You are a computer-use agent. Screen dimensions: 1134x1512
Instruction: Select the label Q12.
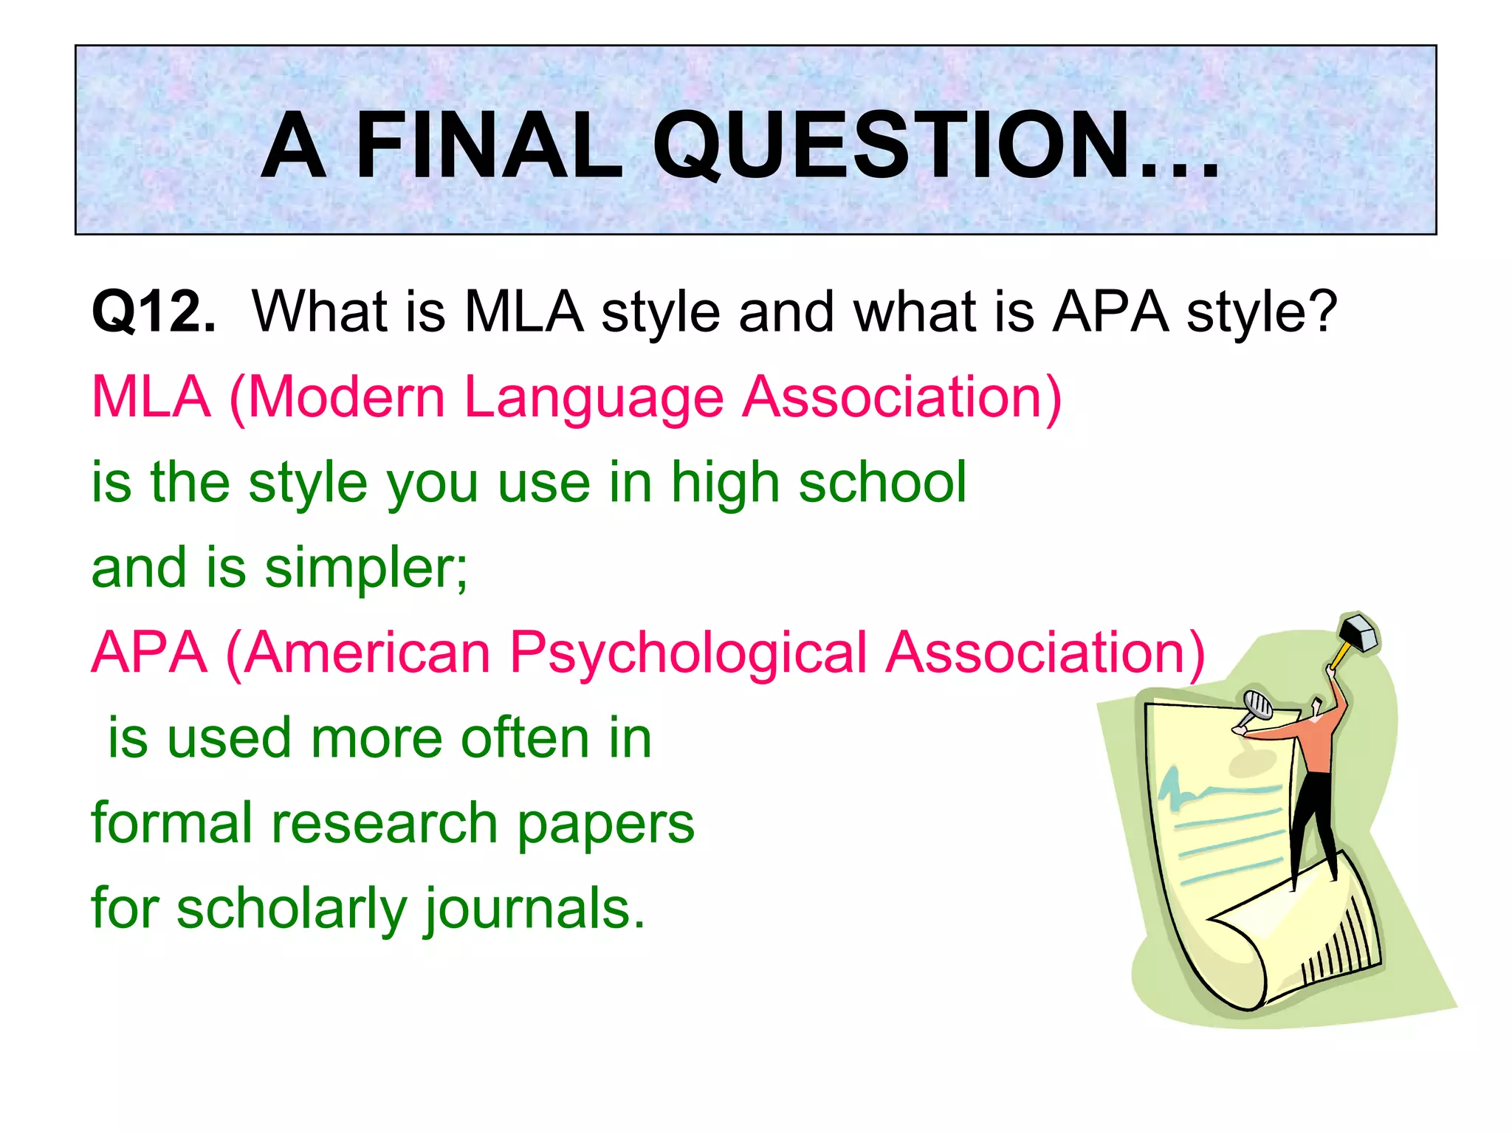coord(154,312)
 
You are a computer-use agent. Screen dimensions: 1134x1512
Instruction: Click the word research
coord(384,824)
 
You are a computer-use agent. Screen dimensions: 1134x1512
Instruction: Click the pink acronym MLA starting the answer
coord(151,398)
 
